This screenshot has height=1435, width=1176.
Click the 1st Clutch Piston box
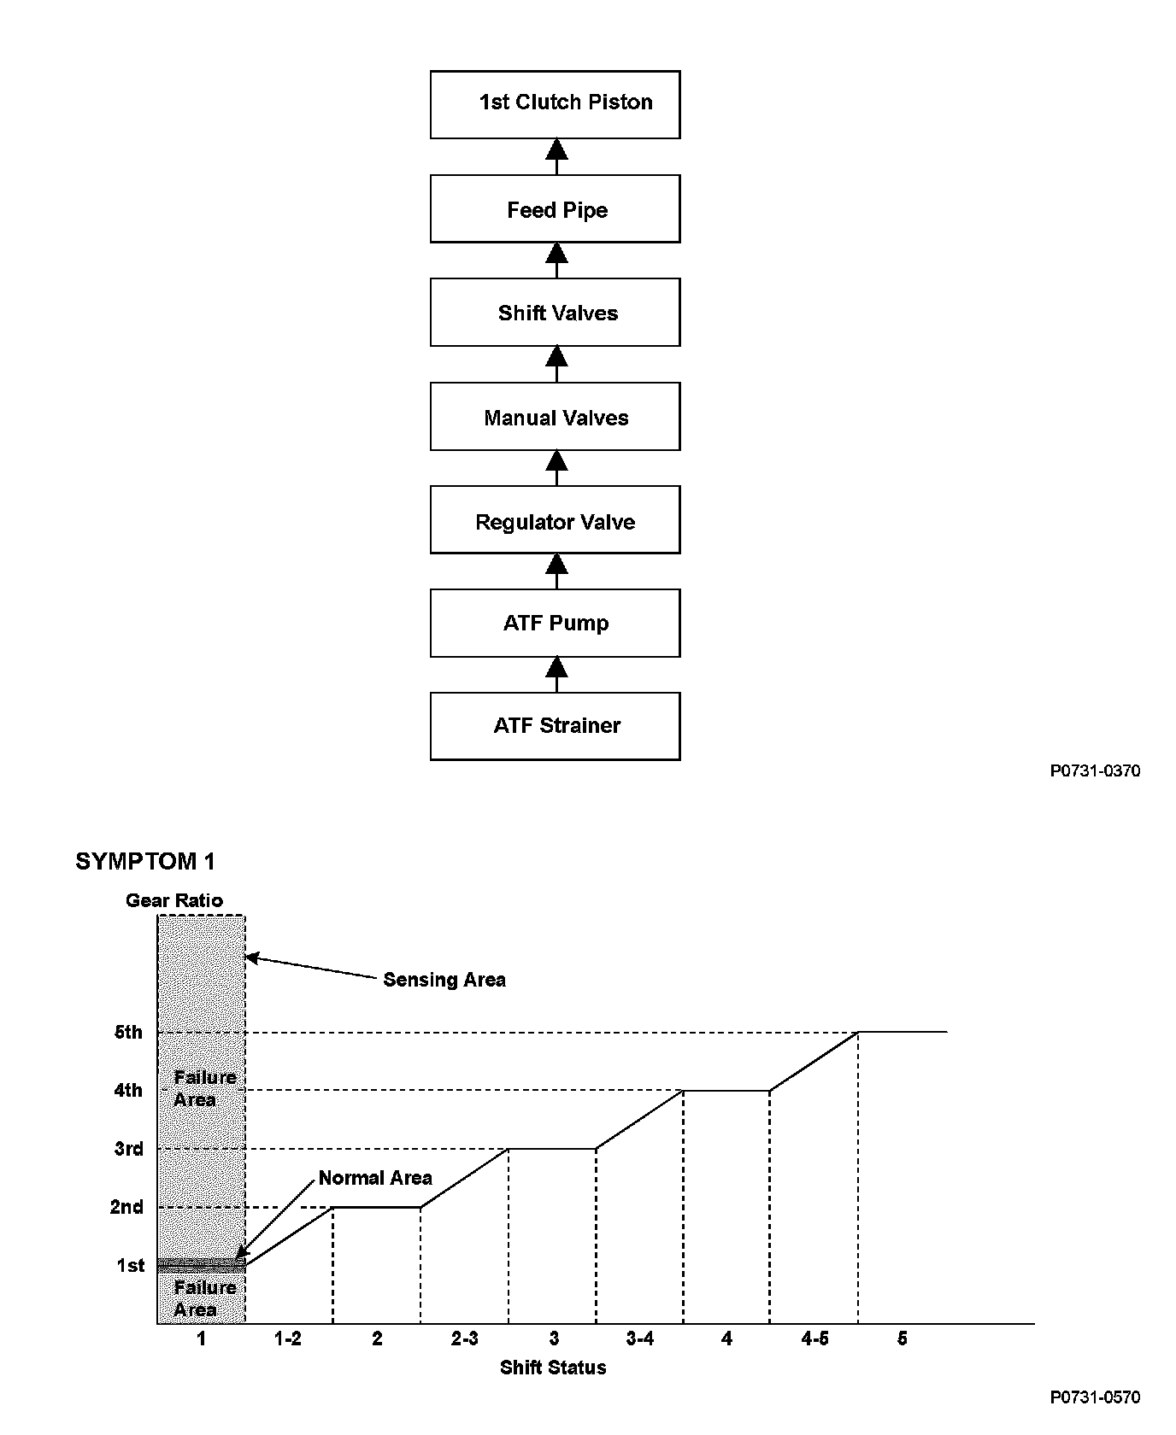click(x=556, y=104)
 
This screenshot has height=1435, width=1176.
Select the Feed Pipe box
click(x=556, y=209)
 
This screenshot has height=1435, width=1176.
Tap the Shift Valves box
click(x=556, y=313)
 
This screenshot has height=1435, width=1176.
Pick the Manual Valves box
click(x=556, y=417)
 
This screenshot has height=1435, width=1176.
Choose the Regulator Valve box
click(x=556, y=521)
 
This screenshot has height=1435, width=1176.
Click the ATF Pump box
click(x=556, y=623)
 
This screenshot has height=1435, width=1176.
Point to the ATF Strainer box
click(x=556, y=726)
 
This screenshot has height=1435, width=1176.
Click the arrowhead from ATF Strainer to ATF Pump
click(x=556, y=667)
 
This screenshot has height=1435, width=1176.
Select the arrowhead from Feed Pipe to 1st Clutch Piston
click(x=556, y=149)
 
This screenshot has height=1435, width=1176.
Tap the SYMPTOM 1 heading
click(x=145, y=861)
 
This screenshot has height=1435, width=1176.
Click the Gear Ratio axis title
click(x=174, y=900)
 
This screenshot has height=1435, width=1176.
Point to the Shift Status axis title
click(x=553, y=1368)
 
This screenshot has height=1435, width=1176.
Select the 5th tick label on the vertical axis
click(x=128, y=1033)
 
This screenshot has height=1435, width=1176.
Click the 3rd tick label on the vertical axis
click(x=129, y=1149)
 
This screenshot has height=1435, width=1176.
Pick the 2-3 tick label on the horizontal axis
click(x=464, y=1338)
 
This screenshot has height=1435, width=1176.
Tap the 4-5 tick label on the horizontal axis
click(x=814, y=1338)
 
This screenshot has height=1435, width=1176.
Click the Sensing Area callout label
click(x=444, y=980)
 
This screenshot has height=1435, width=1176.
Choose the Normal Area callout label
click(x=375, y=1178)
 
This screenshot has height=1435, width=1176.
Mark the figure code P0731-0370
click(x=1095, y=771)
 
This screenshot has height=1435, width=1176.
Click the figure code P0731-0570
click(x=1095, y=1397)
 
